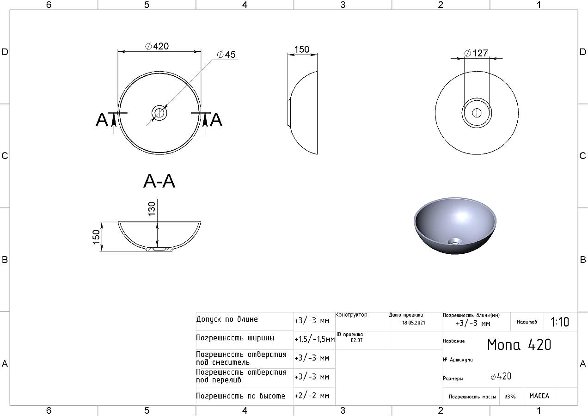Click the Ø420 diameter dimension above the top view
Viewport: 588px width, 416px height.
[157, 46]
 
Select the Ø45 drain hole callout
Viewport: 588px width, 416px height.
[226, 55]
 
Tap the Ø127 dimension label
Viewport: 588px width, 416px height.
[476, 53]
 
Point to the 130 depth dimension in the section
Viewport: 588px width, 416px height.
[152, 209]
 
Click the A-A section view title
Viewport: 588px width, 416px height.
[159, 181]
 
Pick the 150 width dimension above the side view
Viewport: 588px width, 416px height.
[301, 49]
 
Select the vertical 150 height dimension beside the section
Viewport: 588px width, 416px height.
[96, 237]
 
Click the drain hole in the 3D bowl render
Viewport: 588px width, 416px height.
[455, 241]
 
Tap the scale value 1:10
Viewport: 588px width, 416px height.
[560, 322]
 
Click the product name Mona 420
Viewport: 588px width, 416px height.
[519, 345]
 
